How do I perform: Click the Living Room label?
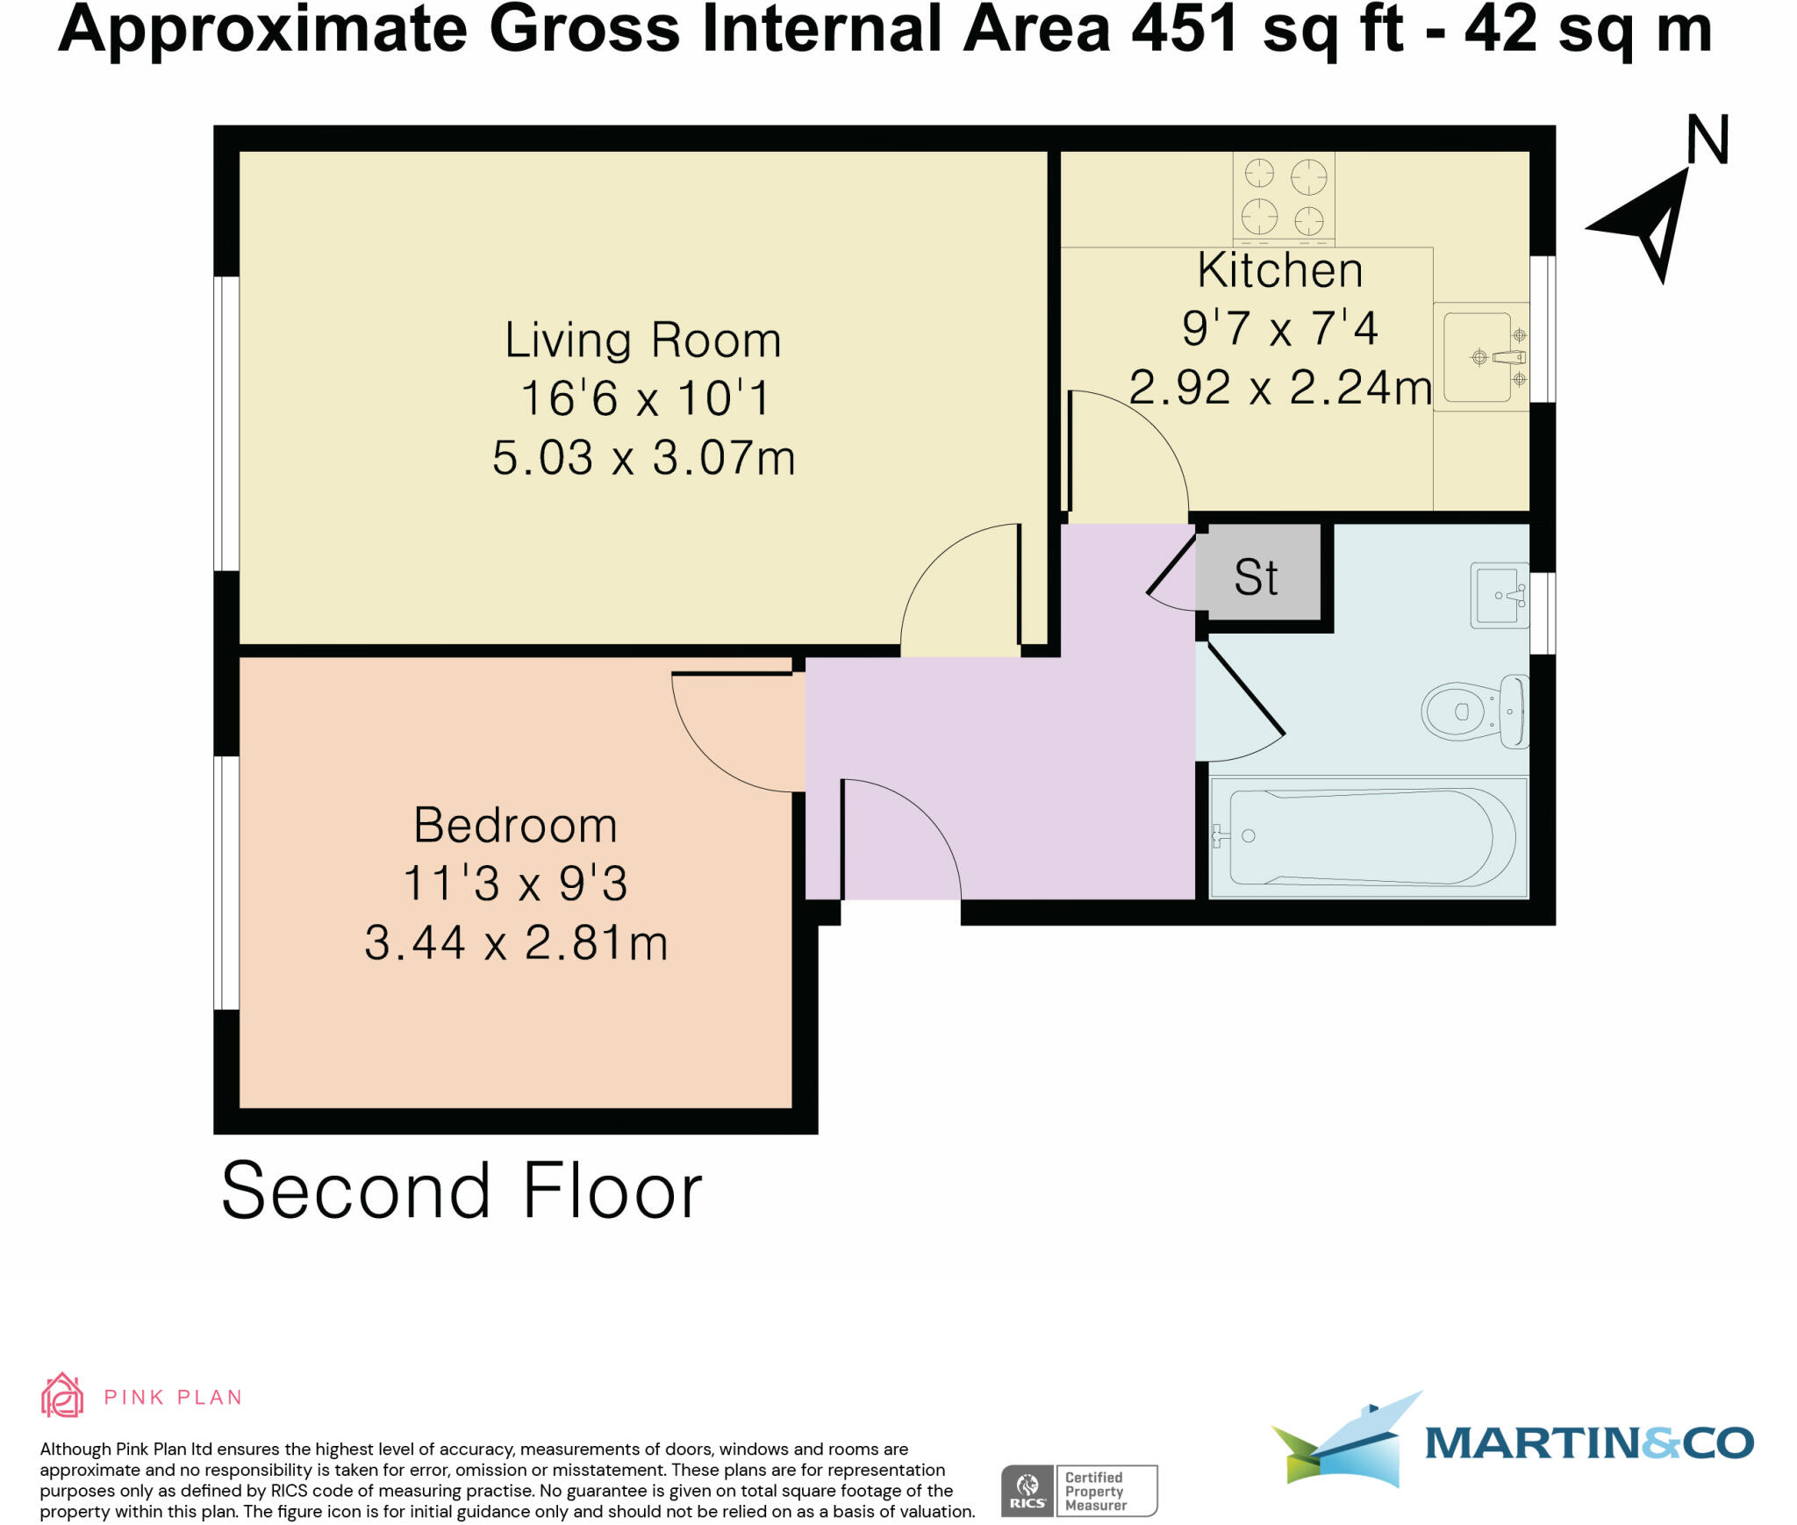click(x=642, y=340)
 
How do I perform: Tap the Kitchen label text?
click(x=1279, y=270)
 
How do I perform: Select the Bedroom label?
click(x=515, y=826)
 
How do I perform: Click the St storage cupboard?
click(x=1257, y=576)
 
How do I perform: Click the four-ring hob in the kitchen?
click(x=1284, y=197)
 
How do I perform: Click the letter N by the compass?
click(x=1708, y=141)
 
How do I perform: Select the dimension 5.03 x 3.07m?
click(x=643, y=458)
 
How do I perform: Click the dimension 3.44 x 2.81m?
click(x=516, y=943)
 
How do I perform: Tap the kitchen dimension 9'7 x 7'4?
click(x=1279, y=328)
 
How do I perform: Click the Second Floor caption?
click(x=462, y=1191)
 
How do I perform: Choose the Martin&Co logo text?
click(x=1588, y=1443)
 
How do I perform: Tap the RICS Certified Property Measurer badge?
click(x=1079, y=1491)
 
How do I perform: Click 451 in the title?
click(x=1184, y=30)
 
